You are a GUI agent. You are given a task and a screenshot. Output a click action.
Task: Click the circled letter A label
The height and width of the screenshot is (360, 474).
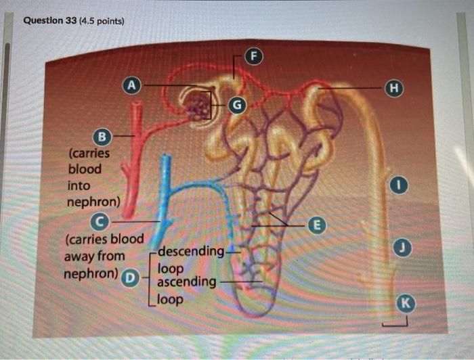click(133, 85)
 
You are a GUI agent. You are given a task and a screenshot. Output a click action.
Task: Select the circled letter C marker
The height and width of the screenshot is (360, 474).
click(100, 221)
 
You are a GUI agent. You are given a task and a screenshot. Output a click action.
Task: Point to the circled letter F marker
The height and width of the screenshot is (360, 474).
click(255, 55)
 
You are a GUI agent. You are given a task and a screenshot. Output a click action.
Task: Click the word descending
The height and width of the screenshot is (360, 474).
click(191, 252)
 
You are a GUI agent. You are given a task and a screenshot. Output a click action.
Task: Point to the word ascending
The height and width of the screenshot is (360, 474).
click(187, 280)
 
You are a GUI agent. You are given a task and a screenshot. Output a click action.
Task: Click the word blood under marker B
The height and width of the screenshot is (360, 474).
click(84, 168)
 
